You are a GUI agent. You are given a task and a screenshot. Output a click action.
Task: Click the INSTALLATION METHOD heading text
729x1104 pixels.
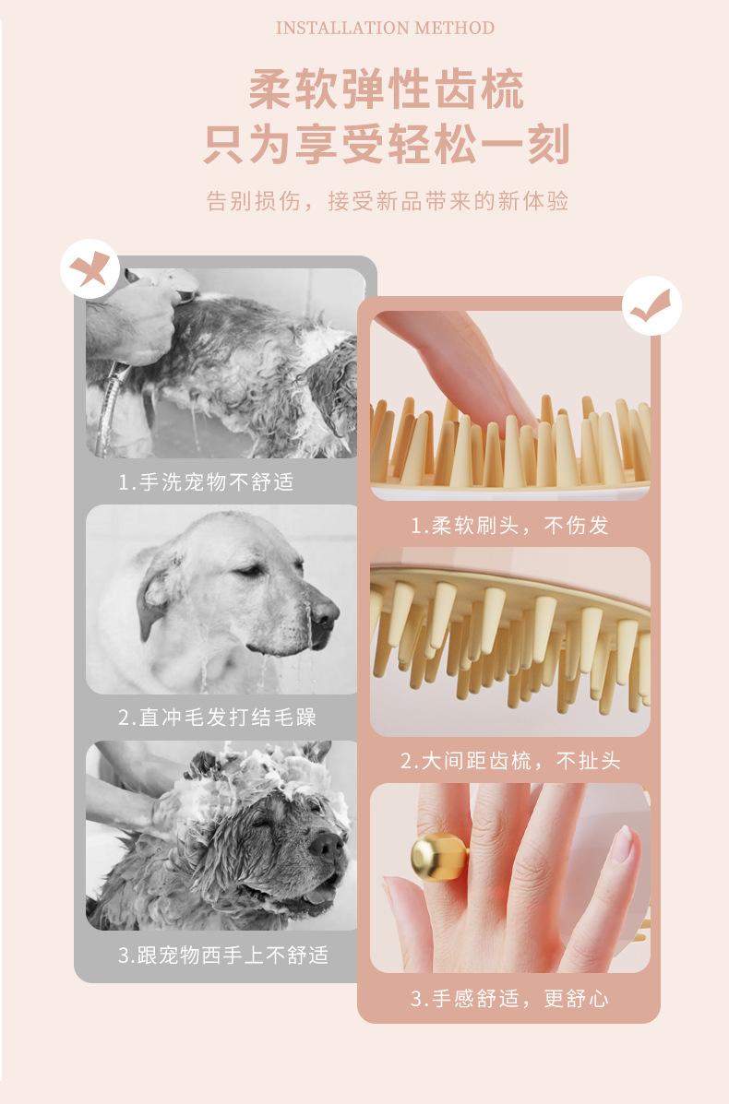pyautogui.click(x=385, y=29)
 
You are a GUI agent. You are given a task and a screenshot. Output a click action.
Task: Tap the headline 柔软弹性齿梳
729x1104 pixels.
pyautogui.click(x=387, y=89)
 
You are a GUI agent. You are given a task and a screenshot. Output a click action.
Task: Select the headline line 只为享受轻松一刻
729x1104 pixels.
pyautogui.click(x=387, y=144)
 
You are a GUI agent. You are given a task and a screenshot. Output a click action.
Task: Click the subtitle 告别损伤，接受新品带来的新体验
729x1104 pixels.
pyautogui.click(x=387, y=201)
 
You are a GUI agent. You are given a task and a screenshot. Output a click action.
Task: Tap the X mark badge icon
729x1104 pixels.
pyautogui.click(x=90, y=269)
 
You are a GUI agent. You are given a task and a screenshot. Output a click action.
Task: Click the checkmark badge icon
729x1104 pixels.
pyautogui.click(x=652, y=305)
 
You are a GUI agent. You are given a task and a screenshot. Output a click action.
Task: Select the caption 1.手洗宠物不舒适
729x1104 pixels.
pyautogui.click(x=206, y=482)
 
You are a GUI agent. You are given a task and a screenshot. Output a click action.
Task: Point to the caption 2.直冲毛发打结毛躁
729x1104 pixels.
pyautogui.click(x=217, y=718)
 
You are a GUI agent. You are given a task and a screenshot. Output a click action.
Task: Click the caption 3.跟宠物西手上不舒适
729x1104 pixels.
pyautogui.click(x=222, y=955)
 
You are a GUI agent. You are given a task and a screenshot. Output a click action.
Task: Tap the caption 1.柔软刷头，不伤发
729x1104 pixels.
pyautogui.click(x=509, y=525)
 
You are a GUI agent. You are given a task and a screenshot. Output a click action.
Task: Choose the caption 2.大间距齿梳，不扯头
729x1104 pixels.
pyautogui.click(x=510, y=761)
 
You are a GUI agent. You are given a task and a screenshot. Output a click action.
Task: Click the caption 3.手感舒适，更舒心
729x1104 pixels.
pyautogui.click(x=509, y=998)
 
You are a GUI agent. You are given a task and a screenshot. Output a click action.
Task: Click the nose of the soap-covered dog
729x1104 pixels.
pyautogui.click(x=326, y=844)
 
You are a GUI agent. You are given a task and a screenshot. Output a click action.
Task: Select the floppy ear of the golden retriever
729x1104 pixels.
pyautogui.click(x=155, y=590)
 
